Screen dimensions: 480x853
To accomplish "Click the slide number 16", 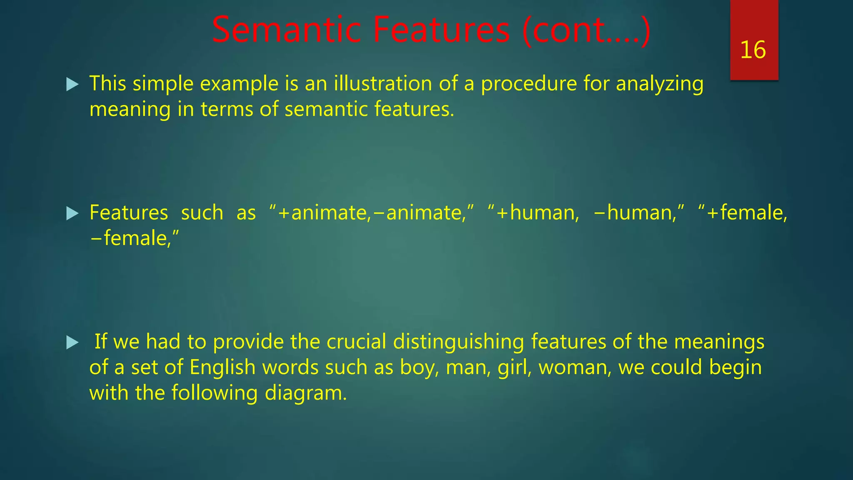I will point(753,50).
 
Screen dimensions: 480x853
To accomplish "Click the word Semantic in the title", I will point(286,30).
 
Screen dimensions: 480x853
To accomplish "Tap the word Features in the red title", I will point(441,30).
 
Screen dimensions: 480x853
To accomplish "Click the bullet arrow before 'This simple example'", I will point(72,85).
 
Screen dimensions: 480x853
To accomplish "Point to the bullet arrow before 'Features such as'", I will point(72,214).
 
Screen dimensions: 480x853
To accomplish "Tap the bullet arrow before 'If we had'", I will point(72,343).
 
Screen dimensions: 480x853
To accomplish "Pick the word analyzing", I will point(660,84).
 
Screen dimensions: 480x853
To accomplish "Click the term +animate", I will point(323,213).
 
